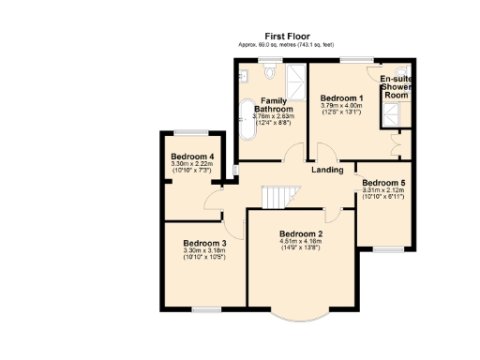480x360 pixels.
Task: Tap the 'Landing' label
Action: click(x=326, y=170)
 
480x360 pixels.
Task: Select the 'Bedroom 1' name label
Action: click(x=340, y=98)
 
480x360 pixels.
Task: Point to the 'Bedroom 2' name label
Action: click(x=300, y=233)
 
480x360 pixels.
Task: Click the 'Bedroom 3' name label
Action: click(x=203, y=243)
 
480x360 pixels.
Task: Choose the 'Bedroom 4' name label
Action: click(x=191, y=157)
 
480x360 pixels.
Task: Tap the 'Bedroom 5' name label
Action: click(x=382, y=183)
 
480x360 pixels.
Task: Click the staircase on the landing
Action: click(x=277, y=197)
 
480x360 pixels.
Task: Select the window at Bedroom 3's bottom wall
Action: click(x=205, y=308)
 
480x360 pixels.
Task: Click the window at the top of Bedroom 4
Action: click(x=191, y=131)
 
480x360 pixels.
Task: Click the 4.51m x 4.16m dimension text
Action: click(x=300, y=242)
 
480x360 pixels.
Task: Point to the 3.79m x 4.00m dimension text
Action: click(x=340, y=106)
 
